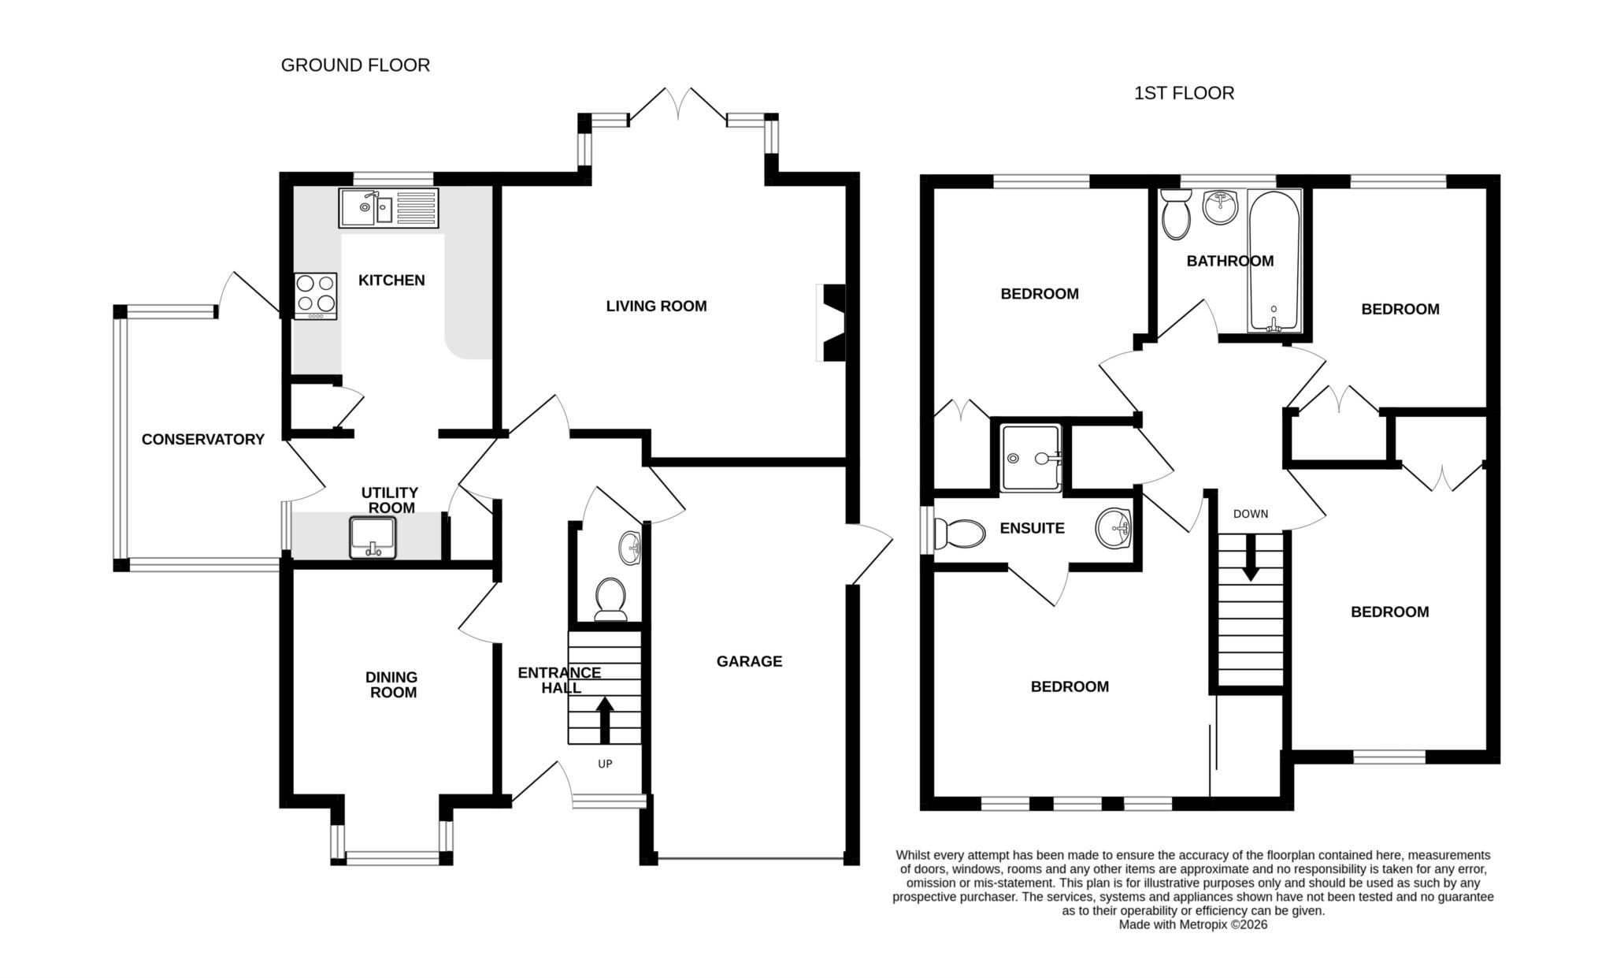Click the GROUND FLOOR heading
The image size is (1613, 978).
(355, 65)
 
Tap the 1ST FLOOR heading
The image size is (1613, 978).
(1184, 93)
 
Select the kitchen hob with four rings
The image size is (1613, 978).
(315, 296)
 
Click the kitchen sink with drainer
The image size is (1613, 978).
(388, 208)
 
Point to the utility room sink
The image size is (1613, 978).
(374, 537)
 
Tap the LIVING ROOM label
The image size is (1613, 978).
(656, 306)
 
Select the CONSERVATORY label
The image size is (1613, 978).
(202, 439)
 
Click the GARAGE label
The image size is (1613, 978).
(749, 661)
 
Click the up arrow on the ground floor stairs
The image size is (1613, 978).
(605, 719)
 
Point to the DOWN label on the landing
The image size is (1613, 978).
(1251, 514)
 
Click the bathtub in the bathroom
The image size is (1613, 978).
(1274, 260)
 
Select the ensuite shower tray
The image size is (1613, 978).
(1030, 458)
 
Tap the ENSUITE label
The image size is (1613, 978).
(1032, 528)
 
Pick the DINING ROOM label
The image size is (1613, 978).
(392, 685)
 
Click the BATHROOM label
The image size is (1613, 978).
(1229, 261)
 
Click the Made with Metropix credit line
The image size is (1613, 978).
(1192, 925)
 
